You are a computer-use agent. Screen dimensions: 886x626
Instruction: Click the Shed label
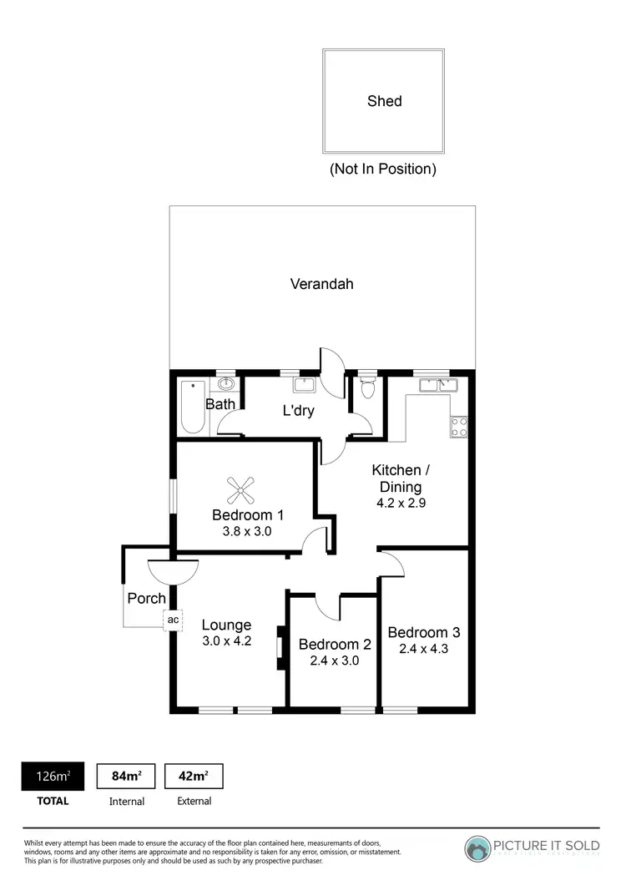[384, 101]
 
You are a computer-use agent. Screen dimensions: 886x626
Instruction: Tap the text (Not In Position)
[383, 169]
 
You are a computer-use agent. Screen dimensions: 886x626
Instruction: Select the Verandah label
[321, 284]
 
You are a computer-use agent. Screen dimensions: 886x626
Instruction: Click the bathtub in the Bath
[193, 407]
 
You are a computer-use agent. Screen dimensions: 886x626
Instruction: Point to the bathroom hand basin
[225, 384]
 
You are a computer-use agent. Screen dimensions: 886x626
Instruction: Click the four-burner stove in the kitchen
[459, 427]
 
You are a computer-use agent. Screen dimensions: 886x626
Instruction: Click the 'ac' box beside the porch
[173, 620]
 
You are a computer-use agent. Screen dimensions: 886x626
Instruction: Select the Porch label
[146, 599]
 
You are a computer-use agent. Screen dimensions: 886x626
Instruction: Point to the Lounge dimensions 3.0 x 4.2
[226, 641]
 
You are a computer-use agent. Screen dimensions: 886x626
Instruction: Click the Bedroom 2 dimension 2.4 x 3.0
[334, 661]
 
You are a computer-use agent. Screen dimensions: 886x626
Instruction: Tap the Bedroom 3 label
[423, 632]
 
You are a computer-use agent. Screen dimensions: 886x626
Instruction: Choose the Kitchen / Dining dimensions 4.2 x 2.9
[396, 503]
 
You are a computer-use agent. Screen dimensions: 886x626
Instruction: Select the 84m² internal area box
[127, 777]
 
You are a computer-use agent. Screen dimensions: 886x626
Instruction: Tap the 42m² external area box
[194, 777]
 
